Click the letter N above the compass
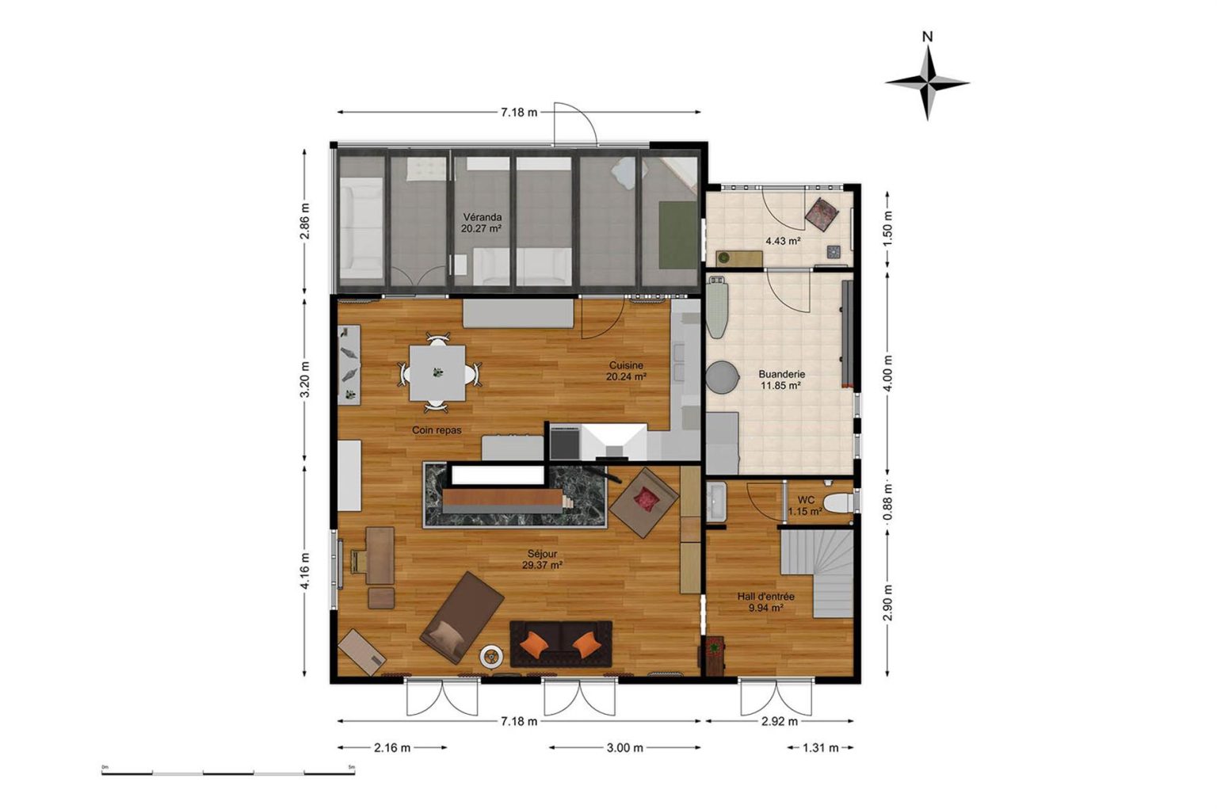(928, 37)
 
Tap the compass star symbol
(928, 83)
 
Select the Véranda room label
(483, 223)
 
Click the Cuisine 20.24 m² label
(626, 371)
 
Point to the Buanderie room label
(782, 380)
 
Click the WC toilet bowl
(839, 502)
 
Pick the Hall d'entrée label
(766, 602)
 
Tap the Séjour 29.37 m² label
(542, 559)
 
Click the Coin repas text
(437, 430)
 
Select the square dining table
(437, 372)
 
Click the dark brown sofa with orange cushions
(561, 644)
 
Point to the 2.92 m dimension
(780, 722)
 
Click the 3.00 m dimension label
(625, 748)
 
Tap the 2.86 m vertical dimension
(305, 221)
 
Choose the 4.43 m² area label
(783, 241)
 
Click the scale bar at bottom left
(228, 773)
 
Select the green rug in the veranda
(678, 235)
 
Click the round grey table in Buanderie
(722, 376)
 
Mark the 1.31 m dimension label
(820, 748)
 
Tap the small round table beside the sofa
(491, 657)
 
